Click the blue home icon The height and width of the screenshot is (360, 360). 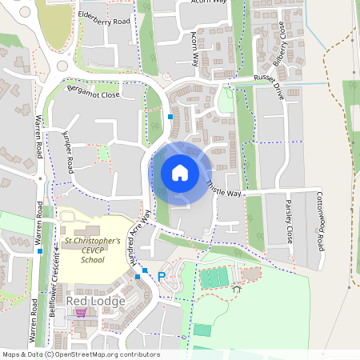coord(179,172)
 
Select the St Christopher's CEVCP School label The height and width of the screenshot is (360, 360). coord(92,250)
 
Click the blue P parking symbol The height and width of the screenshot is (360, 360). coord(161,277)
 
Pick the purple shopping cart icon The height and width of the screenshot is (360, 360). coord(79,312)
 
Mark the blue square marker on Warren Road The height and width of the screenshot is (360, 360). coord(38,250)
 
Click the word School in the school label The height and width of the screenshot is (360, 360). coord(93,259)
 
